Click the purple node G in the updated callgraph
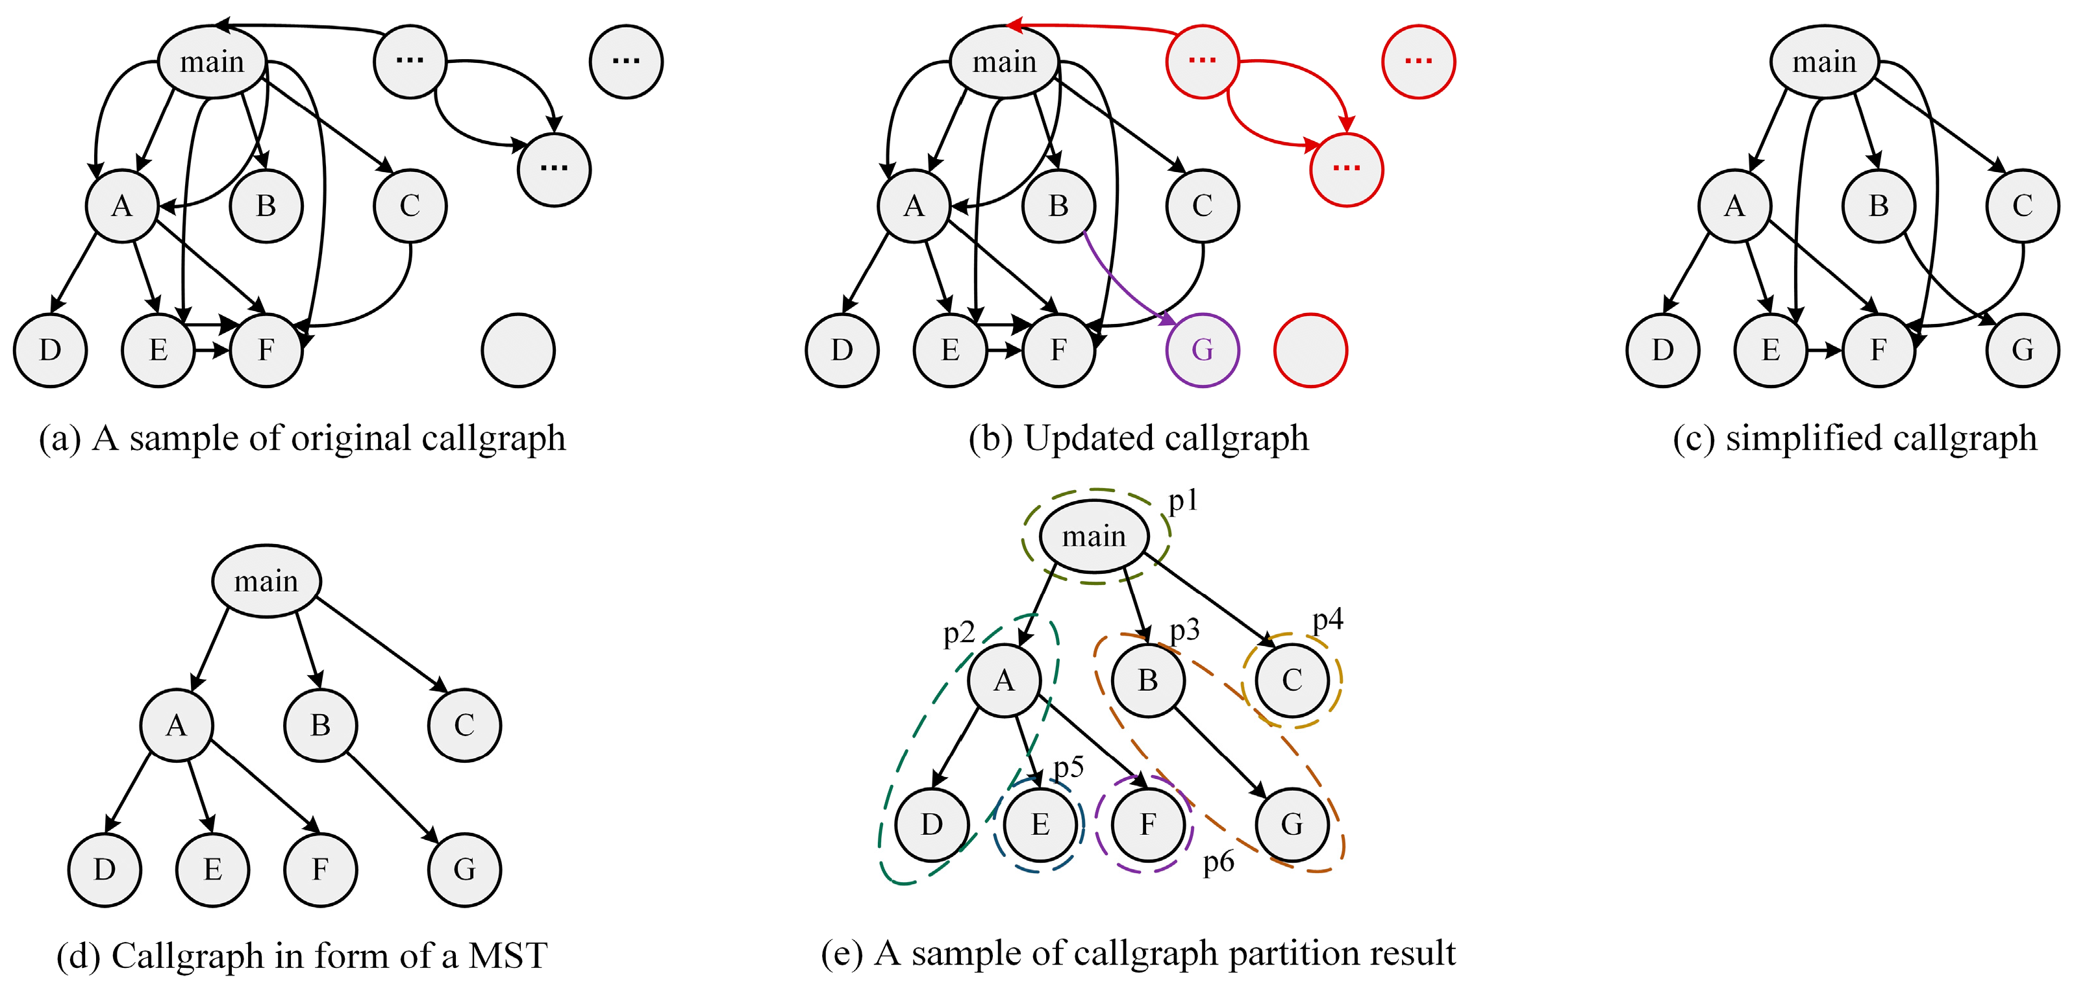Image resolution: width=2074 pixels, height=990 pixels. pos(1201,350)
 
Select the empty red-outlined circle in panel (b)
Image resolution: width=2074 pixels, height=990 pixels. pos(1310,350)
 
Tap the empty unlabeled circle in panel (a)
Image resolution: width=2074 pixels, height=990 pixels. pos(518,350)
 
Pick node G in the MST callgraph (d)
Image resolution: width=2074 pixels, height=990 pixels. pos(464,869)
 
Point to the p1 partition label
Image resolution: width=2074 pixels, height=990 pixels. pos(1182,501)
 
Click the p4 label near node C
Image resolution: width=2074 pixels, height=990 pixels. pos(1328,619)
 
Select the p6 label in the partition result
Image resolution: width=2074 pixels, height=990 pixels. pos(1218,862)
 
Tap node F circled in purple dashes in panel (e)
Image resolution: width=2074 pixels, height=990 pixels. pos(1147,824)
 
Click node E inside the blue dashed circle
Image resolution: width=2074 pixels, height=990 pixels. pos(1040,824)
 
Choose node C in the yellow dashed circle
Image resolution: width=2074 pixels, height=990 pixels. pos(1292,680)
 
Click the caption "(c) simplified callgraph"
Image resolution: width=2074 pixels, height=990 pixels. pos(1855,439)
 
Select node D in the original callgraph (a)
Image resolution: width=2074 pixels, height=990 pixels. pos(50,350)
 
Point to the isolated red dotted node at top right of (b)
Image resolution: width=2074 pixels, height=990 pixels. pos(1418,61)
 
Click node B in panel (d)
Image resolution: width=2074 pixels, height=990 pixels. pos(319,725)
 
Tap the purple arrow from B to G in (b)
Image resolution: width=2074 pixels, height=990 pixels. pos(1123,282)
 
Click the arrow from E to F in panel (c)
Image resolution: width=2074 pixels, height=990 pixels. pos(1823,350)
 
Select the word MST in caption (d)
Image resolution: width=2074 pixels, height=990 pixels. pos(507,956)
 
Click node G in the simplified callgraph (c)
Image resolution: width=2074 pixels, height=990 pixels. pos(2023,350)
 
